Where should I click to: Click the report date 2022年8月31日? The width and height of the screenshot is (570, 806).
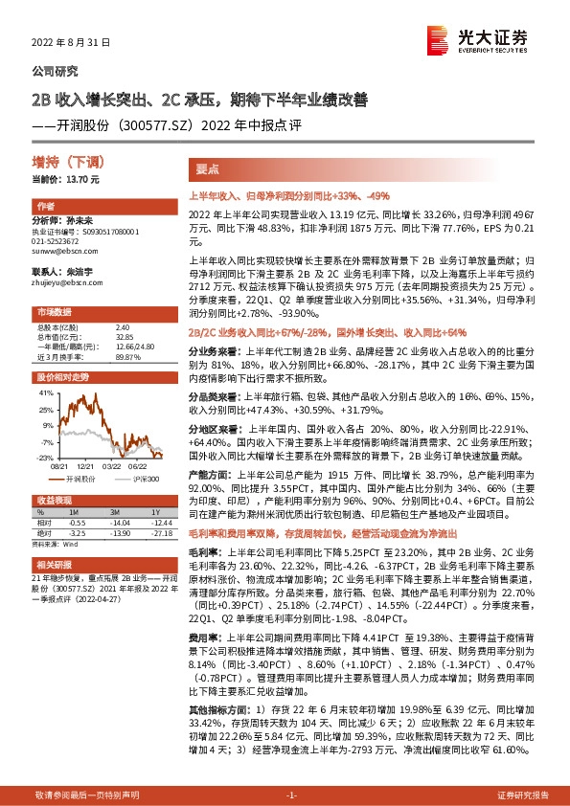click(66, 43)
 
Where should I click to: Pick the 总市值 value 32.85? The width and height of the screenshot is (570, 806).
click(122, 337)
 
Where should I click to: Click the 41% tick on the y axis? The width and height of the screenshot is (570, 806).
click(46, 392)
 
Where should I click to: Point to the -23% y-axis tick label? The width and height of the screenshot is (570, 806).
click(45, 457)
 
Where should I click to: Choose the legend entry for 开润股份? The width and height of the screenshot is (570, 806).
click(83, 476)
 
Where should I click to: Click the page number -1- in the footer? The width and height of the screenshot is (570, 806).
click(292, 795)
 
